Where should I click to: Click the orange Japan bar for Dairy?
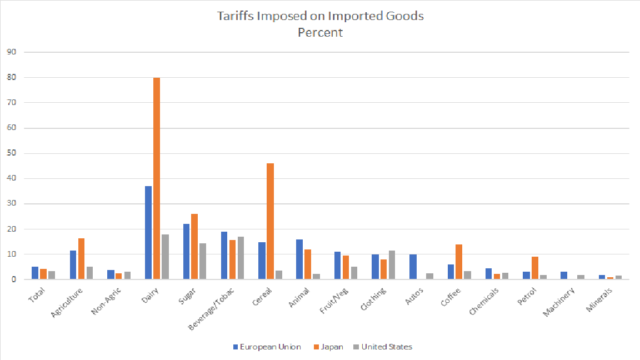pyautogui.click(x=157, y=178)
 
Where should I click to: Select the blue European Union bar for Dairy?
pyautogui.click(x=148, y=233)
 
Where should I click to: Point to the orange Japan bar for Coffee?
pyautogui.click(x=459, y=262)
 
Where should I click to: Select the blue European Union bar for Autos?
pyautogui.click(x=413, y=267)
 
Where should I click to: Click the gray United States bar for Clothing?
pyautogui.click(x=392, y=265)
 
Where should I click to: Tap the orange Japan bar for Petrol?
pyautogui.click(x=534, y=268)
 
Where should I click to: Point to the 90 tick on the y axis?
pyautogui.click(x=12, y=52)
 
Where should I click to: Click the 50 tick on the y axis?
pyautogui.click(x=12, y=153)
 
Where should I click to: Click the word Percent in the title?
pyautogui.click(x=320, y=32)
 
